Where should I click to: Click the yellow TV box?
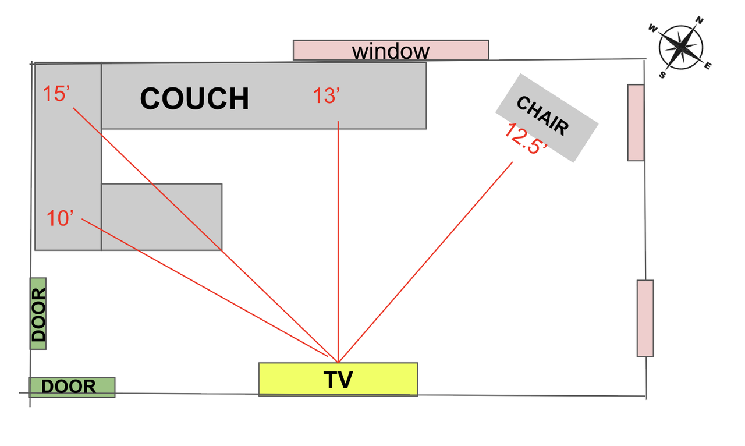338,379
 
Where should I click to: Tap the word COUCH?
194,98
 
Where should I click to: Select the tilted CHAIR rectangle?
547,118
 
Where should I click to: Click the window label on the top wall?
391,51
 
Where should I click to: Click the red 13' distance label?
327,95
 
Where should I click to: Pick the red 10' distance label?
61,218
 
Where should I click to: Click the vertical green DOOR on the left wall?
38,314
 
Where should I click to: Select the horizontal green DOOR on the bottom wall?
72,387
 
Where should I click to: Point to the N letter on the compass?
700,22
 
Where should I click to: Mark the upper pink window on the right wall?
636,122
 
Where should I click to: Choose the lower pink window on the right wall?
645,318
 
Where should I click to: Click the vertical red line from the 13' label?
338,233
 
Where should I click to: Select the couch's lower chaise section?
162,217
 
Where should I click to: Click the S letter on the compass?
662,74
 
